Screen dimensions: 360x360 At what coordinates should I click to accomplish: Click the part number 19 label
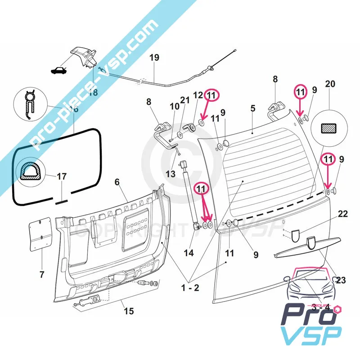[154, 58]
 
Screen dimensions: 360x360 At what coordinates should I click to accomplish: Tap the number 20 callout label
[330, 84]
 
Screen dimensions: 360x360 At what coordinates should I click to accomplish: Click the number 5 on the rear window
[253, 108]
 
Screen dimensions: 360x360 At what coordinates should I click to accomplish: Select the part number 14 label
[189, 253]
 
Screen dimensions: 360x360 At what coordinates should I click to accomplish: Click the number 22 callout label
[343, 214]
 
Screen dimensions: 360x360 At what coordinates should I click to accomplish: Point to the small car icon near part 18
[58, 70]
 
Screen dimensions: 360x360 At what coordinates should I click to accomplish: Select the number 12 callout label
[198, 95]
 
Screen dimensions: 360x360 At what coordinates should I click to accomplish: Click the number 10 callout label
[174, 107]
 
